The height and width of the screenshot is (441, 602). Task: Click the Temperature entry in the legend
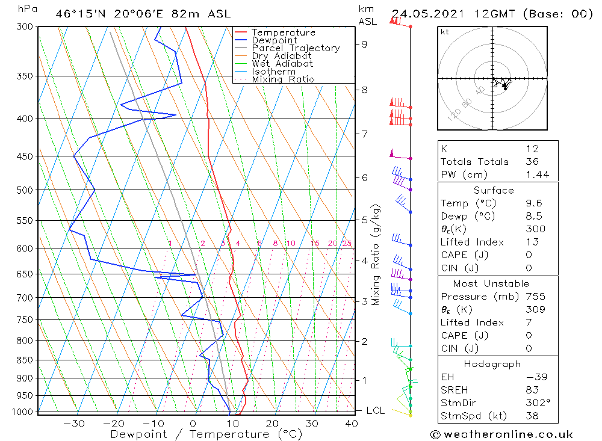(283, 32)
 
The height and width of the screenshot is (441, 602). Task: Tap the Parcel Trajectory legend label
(296, 48)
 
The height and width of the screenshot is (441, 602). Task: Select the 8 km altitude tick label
(364, 90)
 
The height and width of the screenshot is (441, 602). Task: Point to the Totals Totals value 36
(531, 161)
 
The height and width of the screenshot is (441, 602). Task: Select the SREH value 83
(532, 390)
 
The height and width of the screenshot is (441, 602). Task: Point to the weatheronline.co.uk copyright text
(501, 434)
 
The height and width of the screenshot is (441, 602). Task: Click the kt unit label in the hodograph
(444, 32)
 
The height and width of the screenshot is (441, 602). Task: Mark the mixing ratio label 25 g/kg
(347, 243)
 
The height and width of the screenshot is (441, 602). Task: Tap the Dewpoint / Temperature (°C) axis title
(206, 434)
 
